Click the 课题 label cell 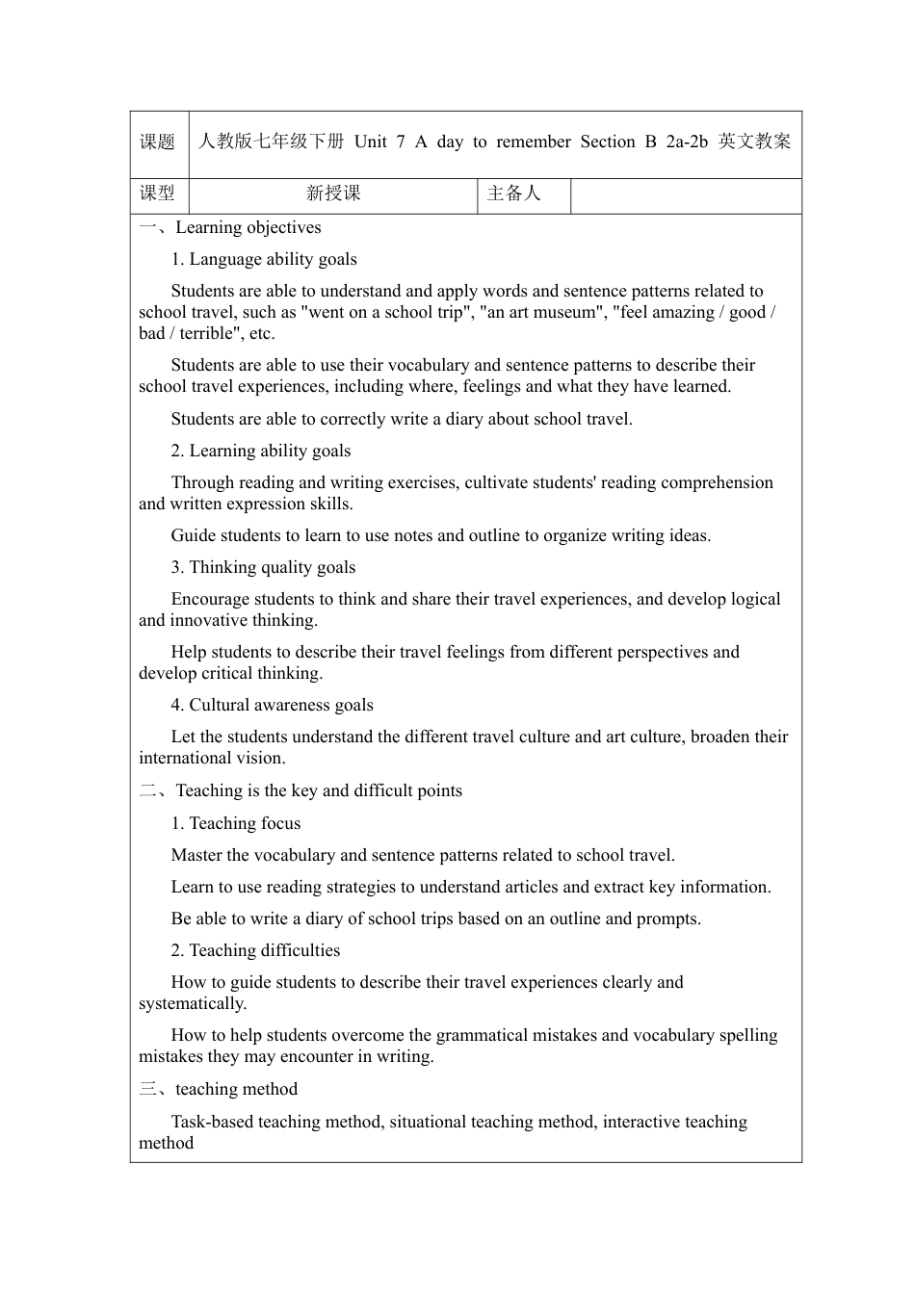pyautogui.click(x=158, y=142)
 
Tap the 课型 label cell pyautogui.click(x=158, y=194)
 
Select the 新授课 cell pyautogui.click(x=333, y=194)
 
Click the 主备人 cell pyautogui.click(x=514, y=194)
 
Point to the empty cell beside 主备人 pyautogui.click(x=686, y=194)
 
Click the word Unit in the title pyautogui.click(x=371, y=142)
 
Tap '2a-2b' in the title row pyautogui.click(x=687, y=142)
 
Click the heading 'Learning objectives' pyautogui.click(x=248, y=228)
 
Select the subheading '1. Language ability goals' pyautogui.click(x=264, y=259)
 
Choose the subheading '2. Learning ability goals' pyautogui.click(x=261, y=451)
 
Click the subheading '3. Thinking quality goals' pyautogui.click(x=263, y=567)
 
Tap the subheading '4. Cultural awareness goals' pyautogui.click(x=273, y=705)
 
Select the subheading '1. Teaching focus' pyautogui.click(x=236, y=823)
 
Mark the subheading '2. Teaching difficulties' pyautogui.click(x=256, y=950)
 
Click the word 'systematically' pyautogui.click(x=192, y=1003)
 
